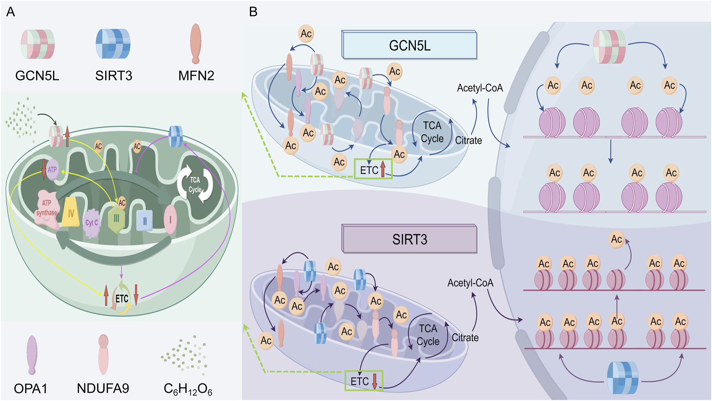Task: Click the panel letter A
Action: tap(10, 12)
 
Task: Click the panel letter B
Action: tap(253, 12)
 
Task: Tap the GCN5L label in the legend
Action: tap(37, 75)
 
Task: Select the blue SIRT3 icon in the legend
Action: tap(113, 44)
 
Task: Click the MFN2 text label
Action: tap(196, 75)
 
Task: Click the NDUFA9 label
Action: tap(103, 388)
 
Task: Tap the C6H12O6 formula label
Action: tap(188, 389)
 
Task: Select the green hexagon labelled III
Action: tap(117, 218)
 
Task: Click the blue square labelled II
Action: tap(145, 220)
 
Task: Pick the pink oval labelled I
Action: tap(170, 219)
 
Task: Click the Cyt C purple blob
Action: tap(92, 223)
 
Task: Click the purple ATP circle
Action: tap(52, 170)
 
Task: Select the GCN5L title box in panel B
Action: tap(409, 45)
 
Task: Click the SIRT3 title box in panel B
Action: tap(409, 240)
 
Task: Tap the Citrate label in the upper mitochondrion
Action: tap(468, 140)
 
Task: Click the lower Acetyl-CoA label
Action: tap(470, 283)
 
